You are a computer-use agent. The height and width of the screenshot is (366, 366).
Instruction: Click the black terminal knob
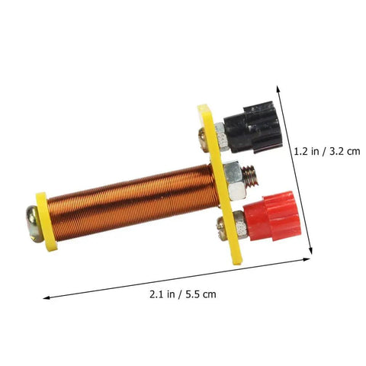pos(253,128)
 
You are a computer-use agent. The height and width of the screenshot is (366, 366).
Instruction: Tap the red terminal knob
pos(272,216)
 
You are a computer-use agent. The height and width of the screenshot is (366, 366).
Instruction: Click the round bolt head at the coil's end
pos(33,223)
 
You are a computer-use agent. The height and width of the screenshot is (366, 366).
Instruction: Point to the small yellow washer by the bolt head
pos(47,222)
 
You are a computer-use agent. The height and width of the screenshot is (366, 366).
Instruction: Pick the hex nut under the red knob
pos(240,224)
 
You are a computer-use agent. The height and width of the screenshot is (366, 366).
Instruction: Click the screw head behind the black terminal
pos(203,140)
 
